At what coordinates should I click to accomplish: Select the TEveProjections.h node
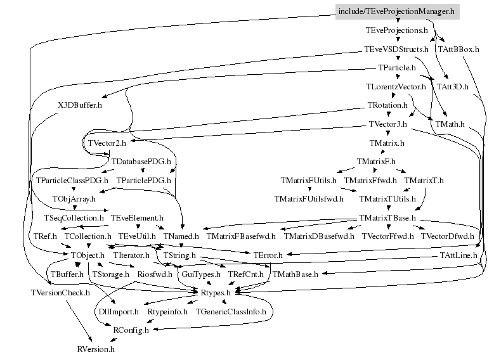[x=396, y=30]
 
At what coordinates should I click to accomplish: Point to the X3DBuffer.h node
[x=79, y=105]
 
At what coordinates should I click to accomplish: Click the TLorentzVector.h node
[x=396, y=86]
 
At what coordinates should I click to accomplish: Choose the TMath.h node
[x=451, y=124]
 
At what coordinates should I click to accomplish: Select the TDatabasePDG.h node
[x=141, y=162]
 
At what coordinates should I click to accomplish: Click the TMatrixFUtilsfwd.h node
[x=309, y=199]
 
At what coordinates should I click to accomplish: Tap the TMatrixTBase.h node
[x=387, y=218]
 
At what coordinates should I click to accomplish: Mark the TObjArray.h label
[x=75, y=199]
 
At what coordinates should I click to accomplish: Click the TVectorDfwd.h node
[x=443, y=236]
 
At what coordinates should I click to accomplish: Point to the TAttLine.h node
[x=458, y=255]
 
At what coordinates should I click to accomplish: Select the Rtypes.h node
[x=216, y=293]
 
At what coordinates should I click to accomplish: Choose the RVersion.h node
[x=96, y=349]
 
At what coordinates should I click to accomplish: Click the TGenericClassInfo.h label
[x=234, y=312]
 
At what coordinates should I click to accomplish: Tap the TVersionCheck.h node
[x=60, y=293]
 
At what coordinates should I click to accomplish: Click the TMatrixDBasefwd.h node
[x=318, y=236]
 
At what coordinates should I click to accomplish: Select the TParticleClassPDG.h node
[x=72, y=181]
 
